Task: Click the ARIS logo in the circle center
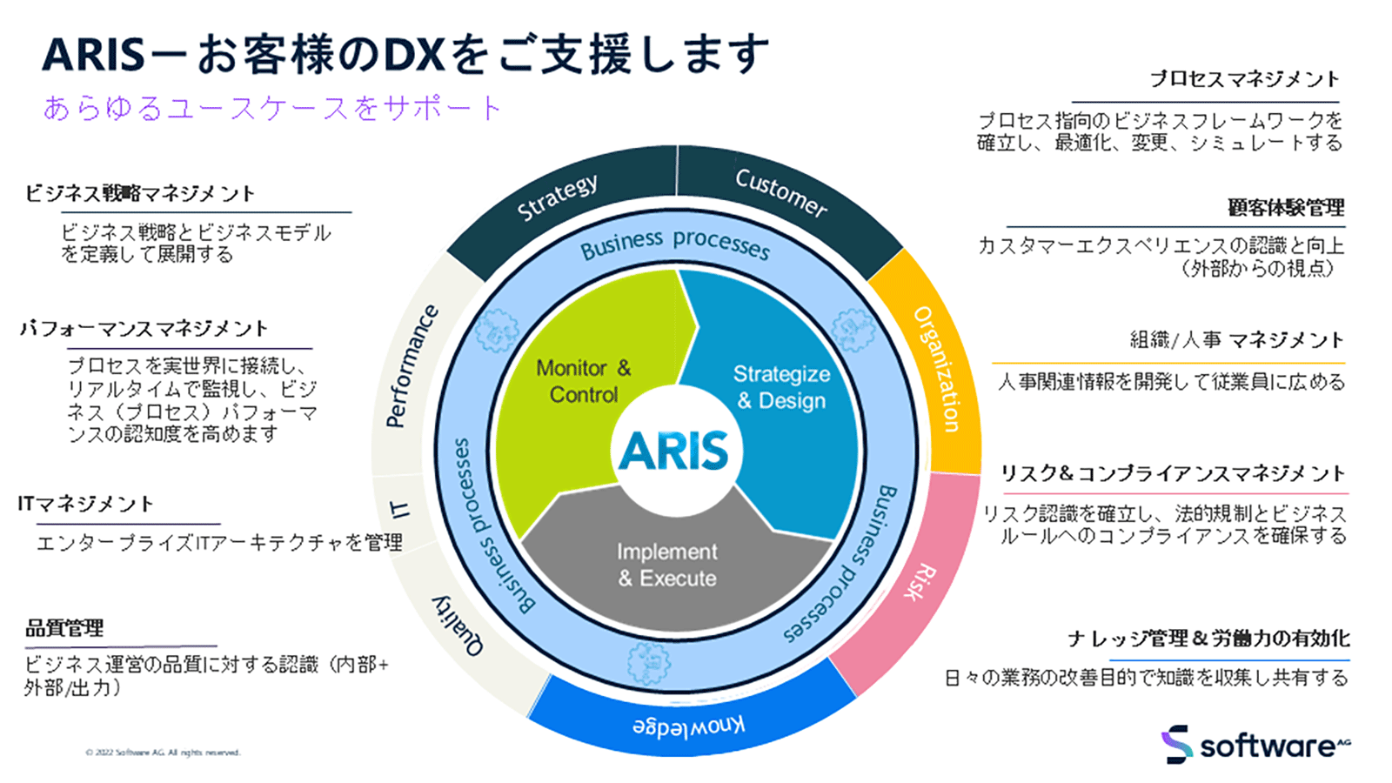pyautogui.click(x=673, y=451)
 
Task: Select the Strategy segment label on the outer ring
pyautogui.click(x=558, y=197)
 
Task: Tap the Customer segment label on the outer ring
pyautogui.click(x=780, y=192)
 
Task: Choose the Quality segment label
pyautogui.click(x=458, y=626)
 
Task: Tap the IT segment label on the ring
pyautogui.click(x=400, y=509)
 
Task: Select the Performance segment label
pyautogui.click(x=411, y=366)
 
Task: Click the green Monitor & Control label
pyautogui.click(x=584, y=381)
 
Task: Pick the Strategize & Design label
pyautogui.click(x=781, y=387)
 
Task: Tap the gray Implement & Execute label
pyautogui.click(x=667, y=565)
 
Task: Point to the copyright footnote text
pyautogui.click(x=163, y=753)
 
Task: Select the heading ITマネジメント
pyautogui.click(x=85, y=504)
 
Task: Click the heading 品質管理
pyautogui.click(x=64, y=628)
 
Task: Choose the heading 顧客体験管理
pyautogui.click(x=1286, y=208)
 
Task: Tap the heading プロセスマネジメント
pyautogui.click(x=1244, y=79)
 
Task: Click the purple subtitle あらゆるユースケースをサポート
pyautogui.click(x=272, y=108)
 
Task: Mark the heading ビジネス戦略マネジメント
pyautogui.click(x=140, y=193)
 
